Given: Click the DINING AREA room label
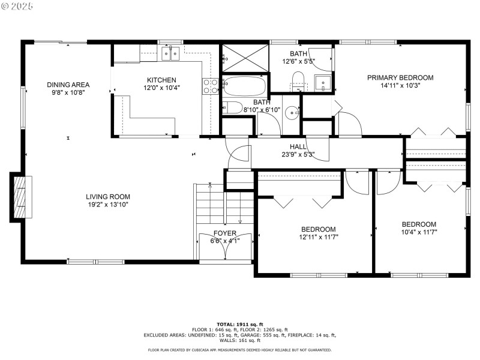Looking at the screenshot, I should click(x=68, y=85).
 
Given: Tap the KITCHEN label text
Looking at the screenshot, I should click(x=161, y=80).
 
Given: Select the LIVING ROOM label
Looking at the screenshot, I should click(x=107, y=196).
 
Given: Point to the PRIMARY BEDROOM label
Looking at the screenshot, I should click(x=400, y=77).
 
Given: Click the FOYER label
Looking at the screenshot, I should click(x=225, y=233).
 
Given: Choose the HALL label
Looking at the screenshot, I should click(x=298, y=146).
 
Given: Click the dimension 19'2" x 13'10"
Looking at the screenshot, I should click(x=107, y=205).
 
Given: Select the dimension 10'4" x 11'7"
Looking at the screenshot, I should click(x=419, y=232).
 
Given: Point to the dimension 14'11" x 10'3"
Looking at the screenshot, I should click(x=400, y=86).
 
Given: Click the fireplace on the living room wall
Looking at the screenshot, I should click(x=20, y=196).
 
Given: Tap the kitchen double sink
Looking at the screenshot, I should click(x=170, y=54).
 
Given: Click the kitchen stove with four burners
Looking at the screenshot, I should click(x=211, y=86).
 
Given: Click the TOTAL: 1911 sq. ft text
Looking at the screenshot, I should click(x=239, y=324).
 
